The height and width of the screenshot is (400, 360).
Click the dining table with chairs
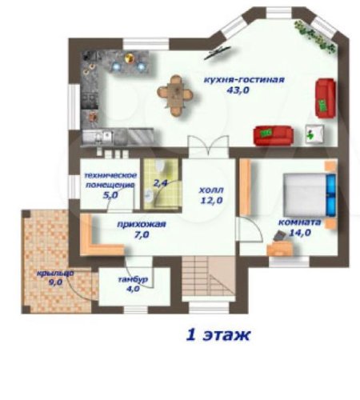click(175, 95)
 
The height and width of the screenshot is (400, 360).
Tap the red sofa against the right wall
click(326, 98)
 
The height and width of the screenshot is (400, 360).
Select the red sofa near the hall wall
click(274, 135)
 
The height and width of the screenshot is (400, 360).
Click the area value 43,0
click(238, 90)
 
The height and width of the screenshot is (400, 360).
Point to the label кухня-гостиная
click(244, 80)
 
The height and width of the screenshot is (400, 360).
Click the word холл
click(211, 190)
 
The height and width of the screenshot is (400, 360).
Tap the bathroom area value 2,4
click(160, 183)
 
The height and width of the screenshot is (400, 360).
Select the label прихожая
click(142, 224)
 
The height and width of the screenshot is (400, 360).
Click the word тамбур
click(133, 279)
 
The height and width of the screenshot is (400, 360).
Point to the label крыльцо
click(55, 274)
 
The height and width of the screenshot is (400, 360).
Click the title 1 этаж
click(218, 335)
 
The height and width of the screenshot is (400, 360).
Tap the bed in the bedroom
click(310, 194)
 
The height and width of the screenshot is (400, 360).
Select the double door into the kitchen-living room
click(208, 146)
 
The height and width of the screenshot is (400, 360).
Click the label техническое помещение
click(110, 180)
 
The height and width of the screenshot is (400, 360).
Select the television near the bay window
click(218, 53)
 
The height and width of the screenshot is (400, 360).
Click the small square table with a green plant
click(314, 134)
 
